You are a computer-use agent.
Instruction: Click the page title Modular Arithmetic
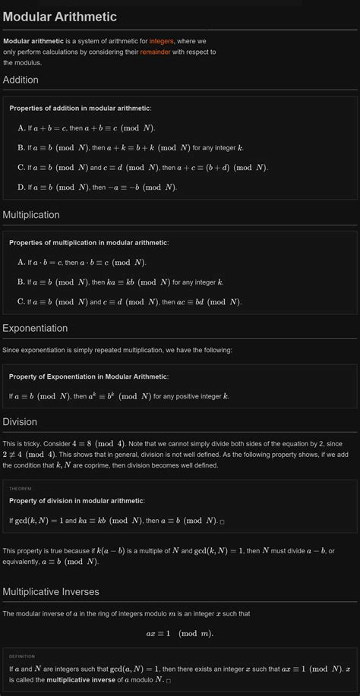click(59, 17)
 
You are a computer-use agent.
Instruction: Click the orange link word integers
click(162, 40)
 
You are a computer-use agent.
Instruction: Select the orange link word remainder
click(155, 52)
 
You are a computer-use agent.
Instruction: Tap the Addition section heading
click(21, 80)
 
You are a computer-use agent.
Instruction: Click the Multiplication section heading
click(31, 215)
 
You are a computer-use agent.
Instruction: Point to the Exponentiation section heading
click(35, 328)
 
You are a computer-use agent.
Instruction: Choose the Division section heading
click(20, 421)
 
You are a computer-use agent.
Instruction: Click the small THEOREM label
click(20, 489)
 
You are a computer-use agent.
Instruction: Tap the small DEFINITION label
click(22, 657)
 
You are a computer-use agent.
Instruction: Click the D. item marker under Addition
click(21, 187)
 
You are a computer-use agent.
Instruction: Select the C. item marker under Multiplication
click(21, 301)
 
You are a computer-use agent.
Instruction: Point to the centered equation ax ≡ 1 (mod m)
click(180, 634)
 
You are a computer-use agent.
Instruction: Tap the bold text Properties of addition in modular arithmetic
click(80, 109)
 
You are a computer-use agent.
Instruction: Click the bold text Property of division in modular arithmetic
click(76, 501)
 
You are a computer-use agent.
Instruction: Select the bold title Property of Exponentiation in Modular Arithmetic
click(88, 376)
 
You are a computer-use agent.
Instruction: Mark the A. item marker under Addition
click(21, 128)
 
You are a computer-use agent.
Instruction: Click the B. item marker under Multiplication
click(21, 282)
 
